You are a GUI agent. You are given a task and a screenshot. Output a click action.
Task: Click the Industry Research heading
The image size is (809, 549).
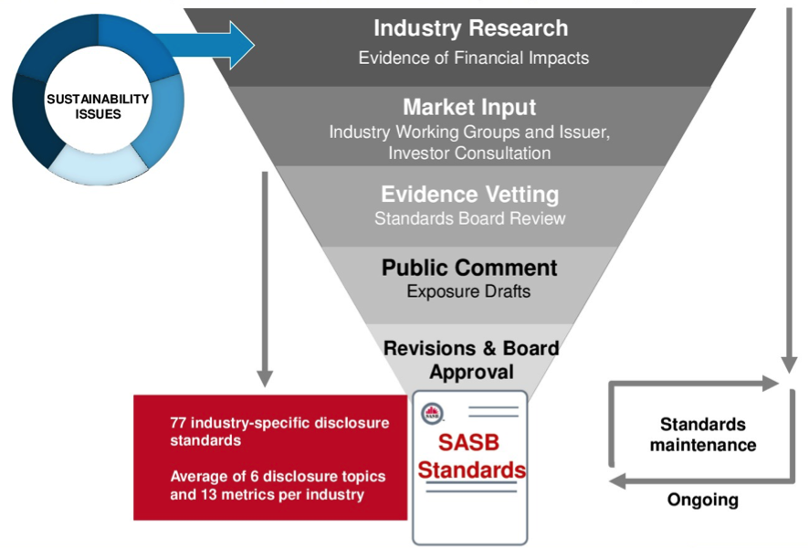click(470, 28)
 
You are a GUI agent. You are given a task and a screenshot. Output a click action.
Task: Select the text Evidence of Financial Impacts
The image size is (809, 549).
click(473, 58)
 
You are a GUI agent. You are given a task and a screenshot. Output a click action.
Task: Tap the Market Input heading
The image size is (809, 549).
click(469, 107)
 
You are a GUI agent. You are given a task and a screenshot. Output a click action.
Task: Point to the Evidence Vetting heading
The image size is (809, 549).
click(469, 195)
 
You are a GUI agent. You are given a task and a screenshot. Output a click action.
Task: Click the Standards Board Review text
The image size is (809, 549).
click(469, 218)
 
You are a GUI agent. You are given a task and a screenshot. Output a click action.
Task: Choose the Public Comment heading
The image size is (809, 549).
click(469, 268)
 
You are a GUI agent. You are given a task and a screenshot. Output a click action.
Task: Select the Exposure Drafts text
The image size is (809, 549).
click(469, 291)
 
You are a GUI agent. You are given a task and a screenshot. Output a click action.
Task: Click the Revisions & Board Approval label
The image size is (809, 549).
click(470, 360)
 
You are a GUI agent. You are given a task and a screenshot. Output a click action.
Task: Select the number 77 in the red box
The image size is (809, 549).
click(178, 423)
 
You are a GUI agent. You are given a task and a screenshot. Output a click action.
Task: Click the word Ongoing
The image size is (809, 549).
click(702, 500)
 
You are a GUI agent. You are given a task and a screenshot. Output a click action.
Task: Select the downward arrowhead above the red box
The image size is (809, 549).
click(265, 376)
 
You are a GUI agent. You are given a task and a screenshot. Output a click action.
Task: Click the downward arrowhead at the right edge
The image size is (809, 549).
click(787, 364)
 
